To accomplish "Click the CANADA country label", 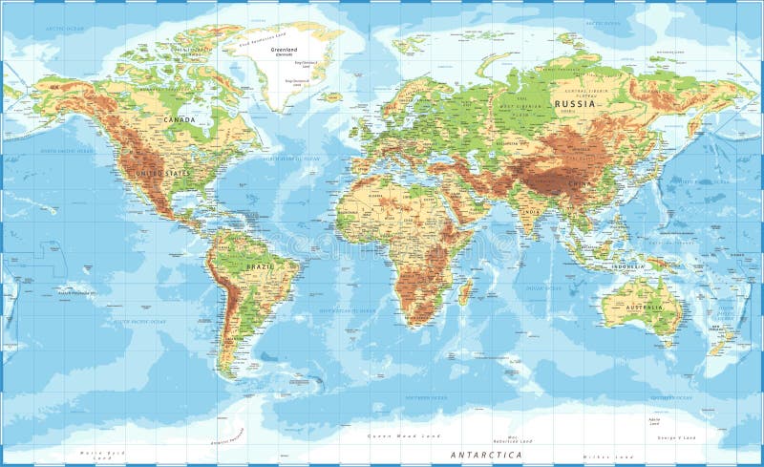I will click(x=179, y=119).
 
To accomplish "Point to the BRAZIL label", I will click(x=259, y=267).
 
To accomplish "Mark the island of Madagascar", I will click(x=465, y=292).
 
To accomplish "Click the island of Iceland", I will click(x=329, y=96).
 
